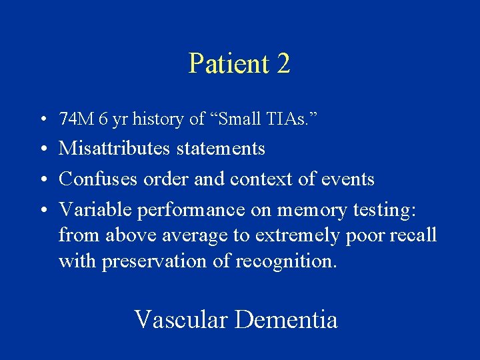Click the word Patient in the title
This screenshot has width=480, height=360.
pos(227,63)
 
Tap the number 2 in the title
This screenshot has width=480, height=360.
pos(283,63)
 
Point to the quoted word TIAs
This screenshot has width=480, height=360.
pos(295,119)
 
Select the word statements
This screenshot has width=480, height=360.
pos(221,148)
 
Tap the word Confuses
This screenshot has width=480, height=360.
pos(94,179)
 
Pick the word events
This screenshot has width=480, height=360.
pos(349,179)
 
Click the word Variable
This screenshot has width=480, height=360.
pos(95,209)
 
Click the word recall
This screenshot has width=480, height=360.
pos(414,235)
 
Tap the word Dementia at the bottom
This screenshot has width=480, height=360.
pos(286,319)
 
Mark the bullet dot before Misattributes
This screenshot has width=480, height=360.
pos(42,149)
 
